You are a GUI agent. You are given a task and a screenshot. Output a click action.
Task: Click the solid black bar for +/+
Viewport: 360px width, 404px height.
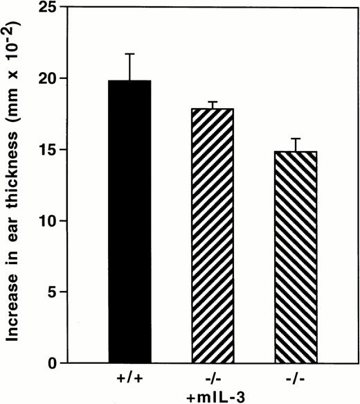(129, 222)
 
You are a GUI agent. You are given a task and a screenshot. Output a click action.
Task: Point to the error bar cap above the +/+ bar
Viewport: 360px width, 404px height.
(129, 54)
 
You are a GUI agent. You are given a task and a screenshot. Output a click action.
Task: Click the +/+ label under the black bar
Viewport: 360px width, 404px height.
(129, 380)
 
